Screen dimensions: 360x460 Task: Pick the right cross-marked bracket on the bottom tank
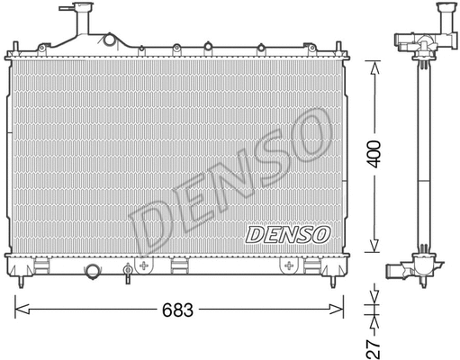290,265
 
